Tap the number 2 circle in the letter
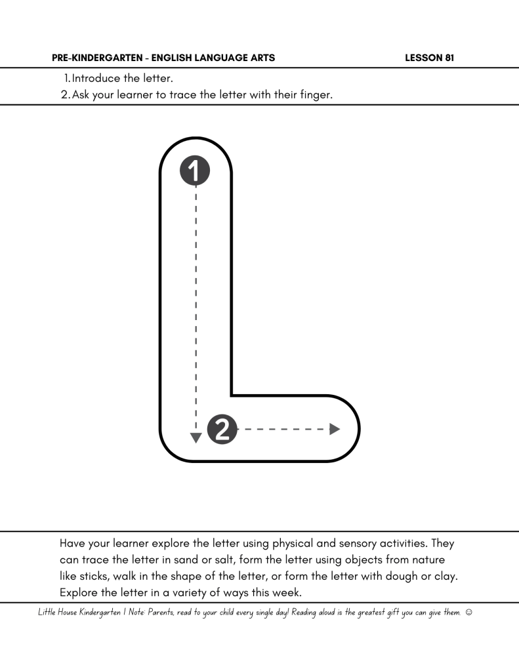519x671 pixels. tap(222, 430)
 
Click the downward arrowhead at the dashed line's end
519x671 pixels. tap(195, 437)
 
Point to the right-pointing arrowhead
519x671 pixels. tap(335, 430)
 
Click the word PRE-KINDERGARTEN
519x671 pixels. tap(99, 58)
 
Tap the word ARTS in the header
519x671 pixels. tap(260, 58)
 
